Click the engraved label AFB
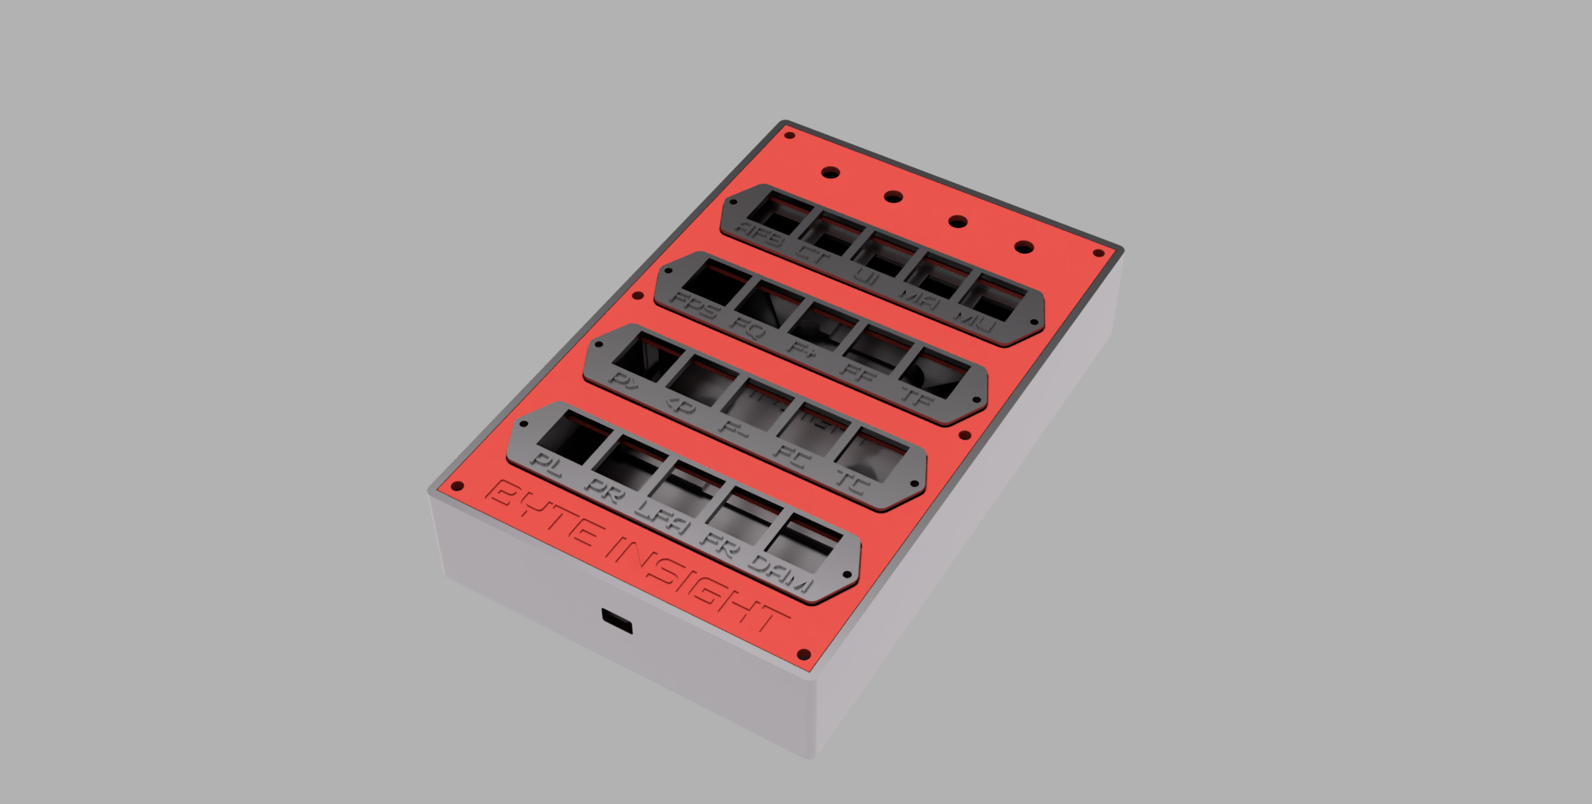(758, 235)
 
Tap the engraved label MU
(976, 321)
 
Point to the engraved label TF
(918, 398)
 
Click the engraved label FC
(792, 457)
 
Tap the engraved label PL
(547, 464)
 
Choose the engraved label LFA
(663, 518)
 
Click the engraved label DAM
(781, 575)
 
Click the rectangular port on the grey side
(617, 621)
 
